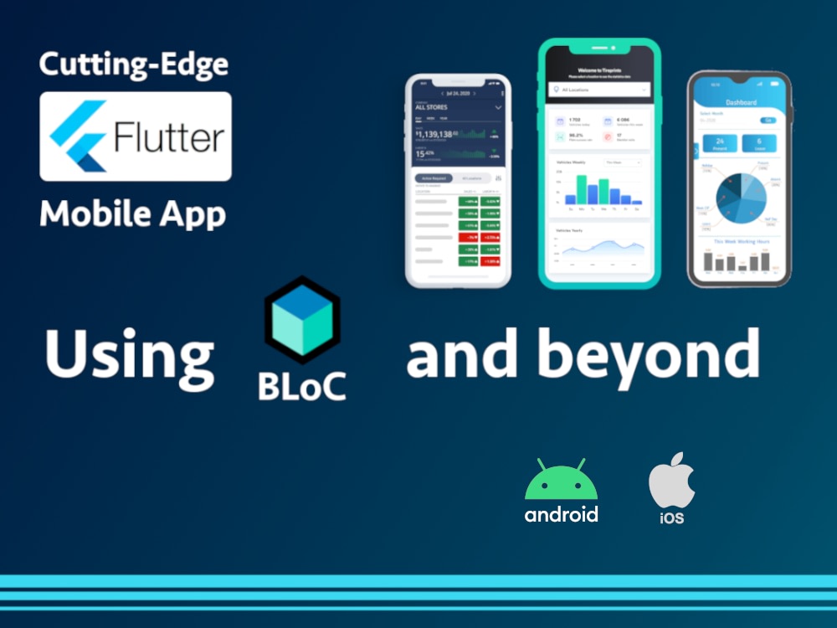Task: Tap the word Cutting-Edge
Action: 134,64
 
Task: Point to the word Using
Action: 129,354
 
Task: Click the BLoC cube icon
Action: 302,319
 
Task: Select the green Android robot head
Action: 561,481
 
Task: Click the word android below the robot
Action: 561,513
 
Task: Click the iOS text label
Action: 671,518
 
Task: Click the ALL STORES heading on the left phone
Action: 432,108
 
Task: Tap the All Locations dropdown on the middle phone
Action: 599,89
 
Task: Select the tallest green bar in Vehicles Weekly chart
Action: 581,189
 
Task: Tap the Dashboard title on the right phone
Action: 741,103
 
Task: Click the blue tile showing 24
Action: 719,143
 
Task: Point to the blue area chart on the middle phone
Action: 603,248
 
